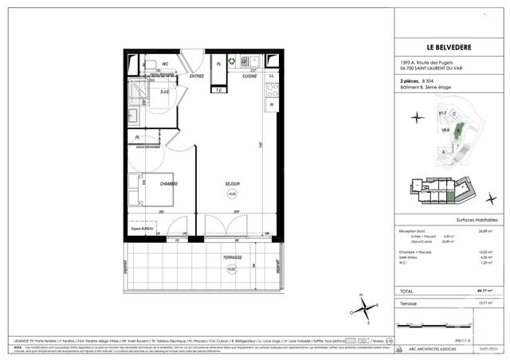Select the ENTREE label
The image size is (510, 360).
click(x=197, y=76)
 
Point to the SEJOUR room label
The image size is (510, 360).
click(x=232, y=184)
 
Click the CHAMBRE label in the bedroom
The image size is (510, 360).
click(x=168, y=183)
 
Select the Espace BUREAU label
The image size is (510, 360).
click(x=143, y=229)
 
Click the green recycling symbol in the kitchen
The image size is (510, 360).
click(x=232, y=61)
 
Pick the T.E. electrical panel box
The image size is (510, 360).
click(x=218, y=89)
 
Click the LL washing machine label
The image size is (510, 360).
click(x=272, y=76)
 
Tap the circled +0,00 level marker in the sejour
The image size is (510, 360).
click(x=232, y=194)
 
